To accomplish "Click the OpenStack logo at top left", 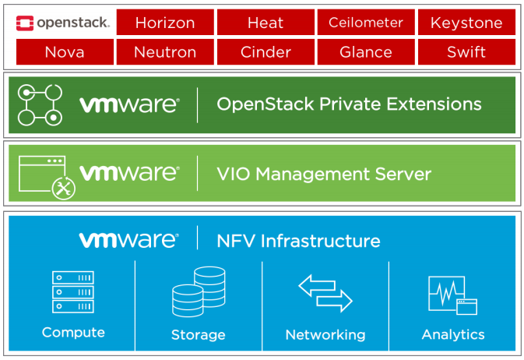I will click(62, 23).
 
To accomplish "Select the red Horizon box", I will click(164, 23).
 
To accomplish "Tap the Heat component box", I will click(266, 23).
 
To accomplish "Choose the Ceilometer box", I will click(365, 23).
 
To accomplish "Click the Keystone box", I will click(466, 23).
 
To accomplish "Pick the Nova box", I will click(64, 52).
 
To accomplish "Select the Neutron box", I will click(164, 52).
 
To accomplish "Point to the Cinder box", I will click(266, 52).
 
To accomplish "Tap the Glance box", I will click(365, 52).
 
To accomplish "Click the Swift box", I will click(466, 52).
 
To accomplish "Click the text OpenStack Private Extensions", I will click(349, 104).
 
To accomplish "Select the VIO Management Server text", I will click(324, 173).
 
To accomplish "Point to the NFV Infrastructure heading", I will click(298, 241).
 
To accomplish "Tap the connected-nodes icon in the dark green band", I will click(40, 105).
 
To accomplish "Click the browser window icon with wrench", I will click(44, 175).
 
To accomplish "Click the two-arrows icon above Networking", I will click(325, 292).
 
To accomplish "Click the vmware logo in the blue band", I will click(128, 240).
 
